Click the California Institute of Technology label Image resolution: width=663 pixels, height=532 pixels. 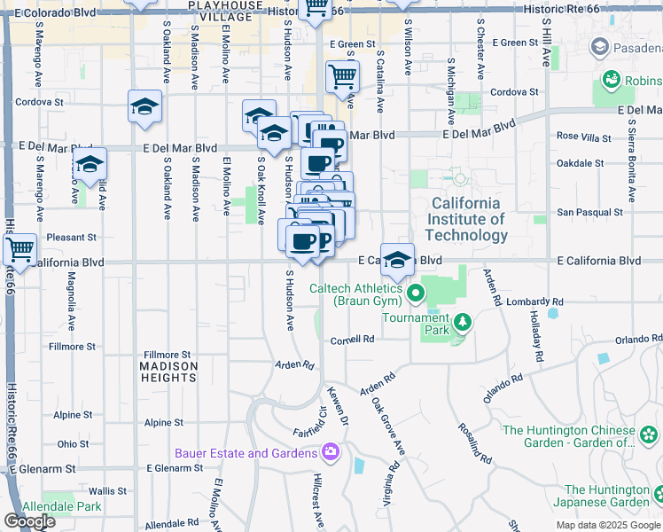pyautogui.click(x=466, y=219)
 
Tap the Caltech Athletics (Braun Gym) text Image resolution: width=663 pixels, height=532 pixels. pyautogui.click(x=358, y=294)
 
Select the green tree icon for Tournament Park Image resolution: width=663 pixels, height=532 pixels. pyautogui.click(x=461, y=321)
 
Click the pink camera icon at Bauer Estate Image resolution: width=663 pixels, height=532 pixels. pyautogui.click(x=331, y=453)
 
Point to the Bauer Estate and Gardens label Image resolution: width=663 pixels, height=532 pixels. pyautogui.click(x=246, y=453)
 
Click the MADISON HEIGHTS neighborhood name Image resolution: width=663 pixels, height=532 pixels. pyautogui.click(x=168, y=372)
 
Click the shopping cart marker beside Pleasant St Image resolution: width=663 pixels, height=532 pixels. pyautogui.click(x=19, y=250)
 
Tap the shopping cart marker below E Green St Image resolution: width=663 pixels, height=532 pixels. pyautogui.click(x=342, y=76)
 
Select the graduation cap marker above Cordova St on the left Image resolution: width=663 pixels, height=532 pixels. pyautogui.click(x=144, y=107)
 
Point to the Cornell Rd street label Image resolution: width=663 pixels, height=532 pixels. pyautogui.click(x=352, y=340)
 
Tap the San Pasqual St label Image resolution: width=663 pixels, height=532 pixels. pyautogui.click(x=589, y=213)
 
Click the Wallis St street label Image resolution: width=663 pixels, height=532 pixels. pyautogui.click(x=107, y=490)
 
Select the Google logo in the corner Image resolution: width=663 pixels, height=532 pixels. pyautogui.click(x=29, y=521)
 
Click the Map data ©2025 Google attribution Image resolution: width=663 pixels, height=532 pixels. pyautogui.click(x=607, y=525)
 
